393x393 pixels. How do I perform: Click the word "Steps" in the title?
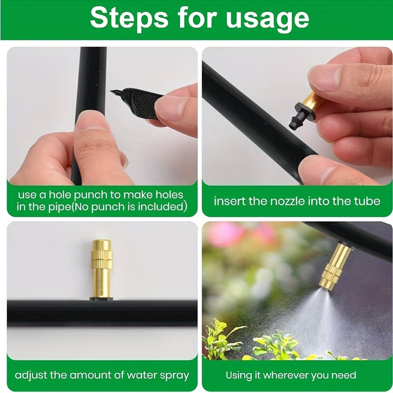click(x=129, y=18)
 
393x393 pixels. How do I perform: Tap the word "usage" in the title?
click(x=267, y=20)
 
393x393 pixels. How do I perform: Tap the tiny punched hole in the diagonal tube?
click(x=265, y=123)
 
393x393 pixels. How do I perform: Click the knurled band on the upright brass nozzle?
click(x=102, y=259)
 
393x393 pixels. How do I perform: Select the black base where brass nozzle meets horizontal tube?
click(x=101, y=299)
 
